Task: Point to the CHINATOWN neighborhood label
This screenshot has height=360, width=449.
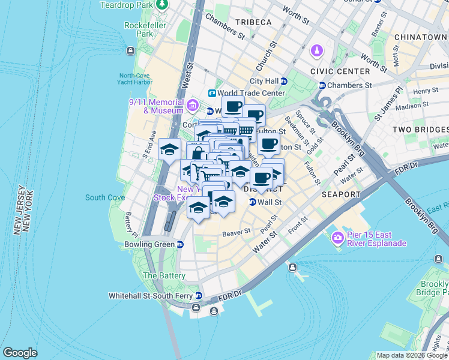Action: tap(421, 37)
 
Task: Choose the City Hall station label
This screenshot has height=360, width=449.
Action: tap(264, 81)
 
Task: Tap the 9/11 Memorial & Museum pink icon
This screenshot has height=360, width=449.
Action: tap(193, 106)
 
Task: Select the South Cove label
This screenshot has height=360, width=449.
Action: tap(105, 197)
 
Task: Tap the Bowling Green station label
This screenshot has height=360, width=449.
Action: tap(149, 245)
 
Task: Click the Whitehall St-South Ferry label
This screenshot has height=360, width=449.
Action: tap(151, 296)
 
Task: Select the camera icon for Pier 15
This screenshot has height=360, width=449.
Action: tap(337, 239)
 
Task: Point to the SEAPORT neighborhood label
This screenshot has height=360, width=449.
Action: tap(340, 194)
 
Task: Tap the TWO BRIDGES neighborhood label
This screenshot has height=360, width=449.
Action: tap(420, 130)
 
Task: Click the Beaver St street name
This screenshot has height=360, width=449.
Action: tap(236, 232)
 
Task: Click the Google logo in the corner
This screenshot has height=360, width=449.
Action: tap(20, 353)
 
